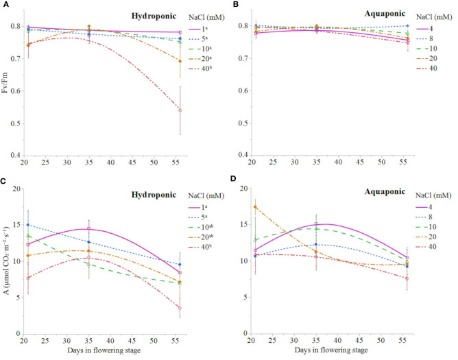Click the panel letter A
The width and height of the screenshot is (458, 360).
(5, 5)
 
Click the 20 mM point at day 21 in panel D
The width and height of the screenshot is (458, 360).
(256, 207)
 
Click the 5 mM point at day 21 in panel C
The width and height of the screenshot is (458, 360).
(27, 225)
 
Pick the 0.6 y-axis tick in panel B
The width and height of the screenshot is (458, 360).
(242, 91)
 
